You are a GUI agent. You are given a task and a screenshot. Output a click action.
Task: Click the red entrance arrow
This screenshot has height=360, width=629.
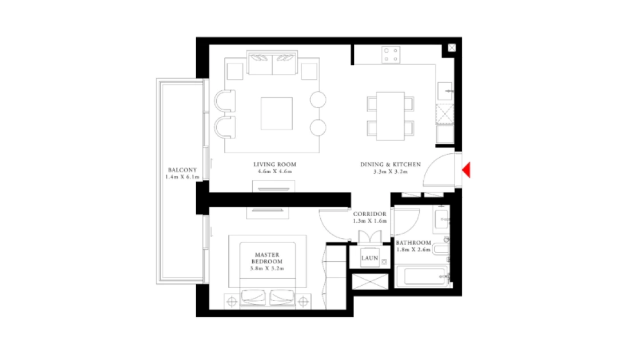pos(467,170)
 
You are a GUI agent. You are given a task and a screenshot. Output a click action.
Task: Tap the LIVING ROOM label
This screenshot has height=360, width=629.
pos(275,165)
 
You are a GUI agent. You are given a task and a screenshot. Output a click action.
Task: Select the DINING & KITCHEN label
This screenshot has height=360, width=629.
pos(391,165)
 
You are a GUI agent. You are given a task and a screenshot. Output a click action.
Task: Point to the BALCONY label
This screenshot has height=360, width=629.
pos(182,170)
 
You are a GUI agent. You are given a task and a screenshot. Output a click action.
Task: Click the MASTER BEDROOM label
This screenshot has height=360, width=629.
pos(267,258)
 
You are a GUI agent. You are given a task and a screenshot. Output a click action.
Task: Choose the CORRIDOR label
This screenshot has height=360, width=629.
pos(369,214)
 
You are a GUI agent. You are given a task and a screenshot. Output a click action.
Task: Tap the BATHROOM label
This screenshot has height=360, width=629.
pos(413,243)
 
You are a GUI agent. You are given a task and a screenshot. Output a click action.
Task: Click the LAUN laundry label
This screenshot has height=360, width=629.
pos(369,258)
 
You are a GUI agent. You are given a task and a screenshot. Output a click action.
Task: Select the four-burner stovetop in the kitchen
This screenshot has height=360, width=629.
pos(391,55)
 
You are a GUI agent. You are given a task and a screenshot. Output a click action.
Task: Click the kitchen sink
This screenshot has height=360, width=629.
pos(445,91)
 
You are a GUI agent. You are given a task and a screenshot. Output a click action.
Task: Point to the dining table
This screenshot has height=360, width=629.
pos(391,116)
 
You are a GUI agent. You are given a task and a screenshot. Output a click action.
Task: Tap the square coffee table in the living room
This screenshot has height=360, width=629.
pos(277,114)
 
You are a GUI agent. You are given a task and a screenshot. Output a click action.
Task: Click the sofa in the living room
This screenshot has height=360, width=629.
pos(272,62)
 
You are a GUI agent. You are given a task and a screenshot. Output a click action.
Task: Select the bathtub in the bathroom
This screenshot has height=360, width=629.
pos(423,277)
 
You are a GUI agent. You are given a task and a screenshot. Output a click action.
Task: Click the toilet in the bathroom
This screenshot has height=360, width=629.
pos(440,249)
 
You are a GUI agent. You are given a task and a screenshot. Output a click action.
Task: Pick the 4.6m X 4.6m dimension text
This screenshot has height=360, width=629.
pos(275,171)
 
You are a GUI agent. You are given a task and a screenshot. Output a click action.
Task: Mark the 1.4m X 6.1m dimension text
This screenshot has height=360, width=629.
pos(182,177)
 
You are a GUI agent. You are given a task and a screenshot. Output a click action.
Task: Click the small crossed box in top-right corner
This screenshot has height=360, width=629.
pos(452,47)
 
